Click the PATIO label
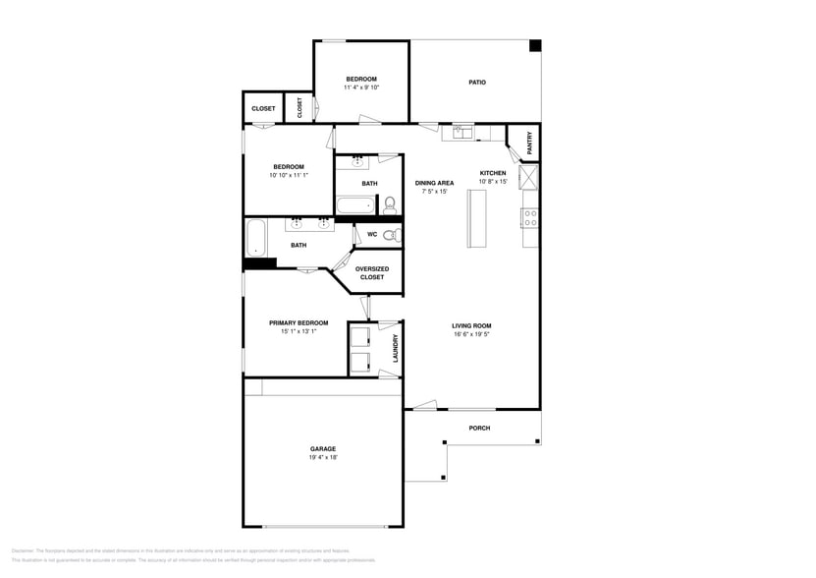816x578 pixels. point(476,83)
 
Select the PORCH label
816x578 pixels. point(479,429)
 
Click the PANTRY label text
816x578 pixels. point(530,142)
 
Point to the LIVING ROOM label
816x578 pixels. point(471,326)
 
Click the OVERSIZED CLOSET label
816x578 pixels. point(372,273)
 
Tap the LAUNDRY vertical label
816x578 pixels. point(396,348)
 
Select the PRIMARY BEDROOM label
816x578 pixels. point(299,322)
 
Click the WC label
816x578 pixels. point(372,235)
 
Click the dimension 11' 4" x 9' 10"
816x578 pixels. point(360,87)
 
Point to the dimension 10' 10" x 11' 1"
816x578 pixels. point(289,175)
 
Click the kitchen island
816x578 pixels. point(478,218)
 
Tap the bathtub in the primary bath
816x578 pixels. point(255,238)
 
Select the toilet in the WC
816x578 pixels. point(390,235)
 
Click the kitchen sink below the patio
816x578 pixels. point(459,132)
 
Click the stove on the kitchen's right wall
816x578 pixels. point(530,219)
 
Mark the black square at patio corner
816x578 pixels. point(535,45)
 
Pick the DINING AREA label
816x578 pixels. point(434,183)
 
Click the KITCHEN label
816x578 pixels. point(492,173)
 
